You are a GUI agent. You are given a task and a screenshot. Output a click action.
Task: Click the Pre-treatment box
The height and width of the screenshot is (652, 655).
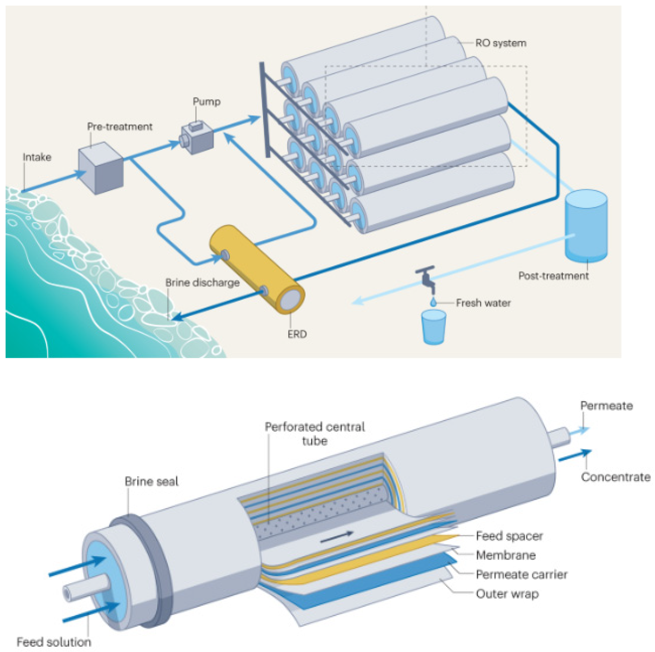pos(101,169)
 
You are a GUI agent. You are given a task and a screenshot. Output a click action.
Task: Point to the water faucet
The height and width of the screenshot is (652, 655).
pos(427,278)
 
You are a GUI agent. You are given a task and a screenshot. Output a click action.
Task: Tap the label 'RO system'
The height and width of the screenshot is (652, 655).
pos(500,43)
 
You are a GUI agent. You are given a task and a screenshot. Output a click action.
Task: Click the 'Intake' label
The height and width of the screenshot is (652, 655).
pos(37,157)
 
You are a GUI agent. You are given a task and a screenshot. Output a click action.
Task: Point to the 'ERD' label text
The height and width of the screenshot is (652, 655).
pos(297,334)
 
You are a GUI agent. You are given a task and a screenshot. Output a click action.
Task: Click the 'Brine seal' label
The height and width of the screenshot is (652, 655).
pos(151,481)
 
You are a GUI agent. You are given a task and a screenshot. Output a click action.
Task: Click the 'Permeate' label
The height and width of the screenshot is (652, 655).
pos(606,406)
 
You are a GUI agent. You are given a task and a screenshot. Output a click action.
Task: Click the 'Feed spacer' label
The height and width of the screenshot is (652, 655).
pos(509,536)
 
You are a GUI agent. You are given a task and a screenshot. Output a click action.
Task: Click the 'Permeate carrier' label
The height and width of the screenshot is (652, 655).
pos(521,574)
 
